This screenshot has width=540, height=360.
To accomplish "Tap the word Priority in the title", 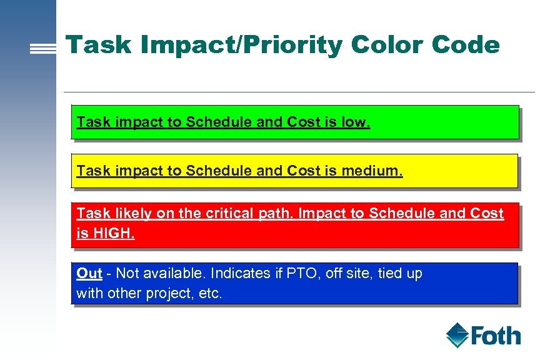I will click(285, 45).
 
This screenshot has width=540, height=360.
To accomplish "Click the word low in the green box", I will click(356, 122).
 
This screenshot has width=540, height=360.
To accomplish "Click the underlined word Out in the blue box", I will click(89, 273).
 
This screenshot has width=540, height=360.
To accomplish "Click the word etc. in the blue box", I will click(211, 294).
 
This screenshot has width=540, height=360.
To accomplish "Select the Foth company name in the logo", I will click(496, 336).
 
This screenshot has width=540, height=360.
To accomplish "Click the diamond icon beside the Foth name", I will click(457, 335).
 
